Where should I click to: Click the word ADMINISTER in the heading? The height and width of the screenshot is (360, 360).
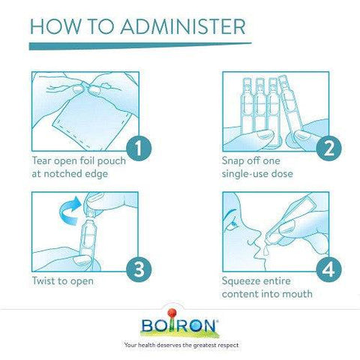tap(183, 26)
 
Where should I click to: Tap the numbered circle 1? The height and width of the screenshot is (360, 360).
tap(139, 148)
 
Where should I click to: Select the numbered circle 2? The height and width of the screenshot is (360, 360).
tap(328, 148)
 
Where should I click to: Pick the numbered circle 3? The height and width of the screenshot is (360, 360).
tap(139, 269)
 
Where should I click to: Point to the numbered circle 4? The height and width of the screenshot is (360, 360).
tap(328, 269)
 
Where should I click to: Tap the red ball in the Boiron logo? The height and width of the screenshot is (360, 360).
tap(172, 313)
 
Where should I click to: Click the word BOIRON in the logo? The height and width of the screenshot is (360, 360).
tap(179, 325)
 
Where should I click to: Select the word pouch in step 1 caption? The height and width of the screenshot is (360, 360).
tap(112, 161)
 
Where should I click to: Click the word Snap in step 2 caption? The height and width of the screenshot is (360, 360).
tap(232, 161)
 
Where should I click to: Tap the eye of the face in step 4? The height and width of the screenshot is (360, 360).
tap(234, 223)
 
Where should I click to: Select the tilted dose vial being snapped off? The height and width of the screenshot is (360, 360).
tap(291, 106)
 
